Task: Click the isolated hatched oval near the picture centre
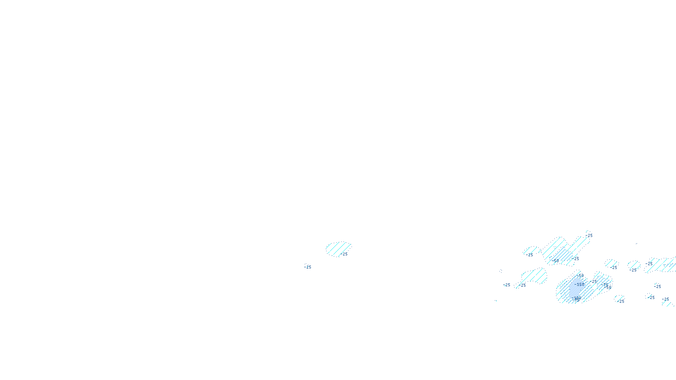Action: point(337,248)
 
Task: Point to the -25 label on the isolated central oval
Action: point(344,254)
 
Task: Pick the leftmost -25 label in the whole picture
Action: point(308,267)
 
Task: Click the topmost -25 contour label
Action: point(589,236)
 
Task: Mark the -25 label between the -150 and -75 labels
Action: point(593,281)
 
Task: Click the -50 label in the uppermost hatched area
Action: point(556,261)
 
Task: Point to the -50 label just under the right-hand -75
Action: point(608,288)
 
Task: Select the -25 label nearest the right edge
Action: point(665,299)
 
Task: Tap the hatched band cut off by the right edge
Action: point(663,265)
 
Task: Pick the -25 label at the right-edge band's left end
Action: point(649,264)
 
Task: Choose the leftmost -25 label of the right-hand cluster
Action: point(507,285)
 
